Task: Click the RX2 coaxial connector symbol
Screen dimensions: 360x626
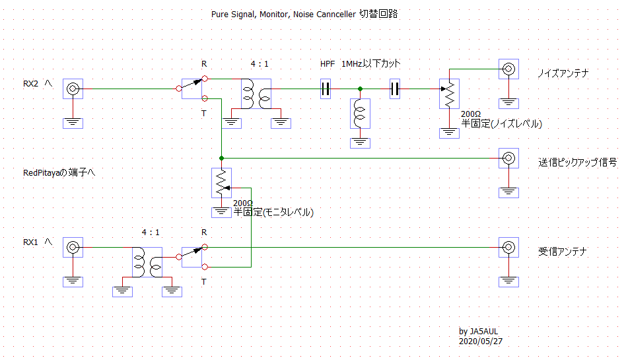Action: point(73,89)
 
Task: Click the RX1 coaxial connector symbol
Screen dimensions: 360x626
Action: point(73,248)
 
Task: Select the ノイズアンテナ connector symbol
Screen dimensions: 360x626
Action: point(508,69)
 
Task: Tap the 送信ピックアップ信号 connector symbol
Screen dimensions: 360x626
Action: point(508,159)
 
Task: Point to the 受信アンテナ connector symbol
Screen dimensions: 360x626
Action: point(508,248)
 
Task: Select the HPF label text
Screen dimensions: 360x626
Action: point(327,63)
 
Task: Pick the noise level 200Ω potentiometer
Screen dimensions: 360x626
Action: point(450,94)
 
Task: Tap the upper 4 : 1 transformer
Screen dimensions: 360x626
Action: point(257,94)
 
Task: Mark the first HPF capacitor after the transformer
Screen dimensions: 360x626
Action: point(325,89)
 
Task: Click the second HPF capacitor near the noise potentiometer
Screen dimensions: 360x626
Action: point(395,89)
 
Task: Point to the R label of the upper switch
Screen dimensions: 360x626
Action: point(204,63)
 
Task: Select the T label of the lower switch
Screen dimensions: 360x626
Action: point(204,281)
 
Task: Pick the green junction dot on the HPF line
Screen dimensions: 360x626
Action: point(360,89)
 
